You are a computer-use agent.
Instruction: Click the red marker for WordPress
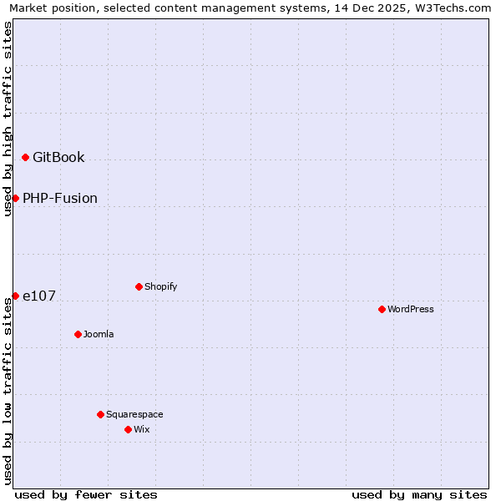382,309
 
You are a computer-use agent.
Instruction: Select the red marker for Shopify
139,286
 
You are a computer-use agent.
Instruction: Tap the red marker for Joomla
78,334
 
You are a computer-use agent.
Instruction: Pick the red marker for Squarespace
100,414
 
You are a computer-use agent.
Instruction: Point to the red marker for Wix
128,429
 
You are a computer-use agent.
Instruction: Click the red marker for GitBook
25,157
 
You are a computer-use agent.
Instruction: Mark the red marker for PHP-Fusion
15,198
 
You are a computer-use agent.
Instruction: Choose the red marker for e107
15,296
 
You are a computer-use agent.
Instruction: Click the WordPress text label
411,309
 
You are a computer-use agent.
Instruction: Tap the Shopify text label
161,286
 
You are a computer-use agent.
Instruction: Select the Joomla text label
99,334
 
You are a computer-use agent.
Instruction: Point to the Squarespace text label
134,414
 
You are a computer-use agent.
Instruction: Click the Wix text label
142,429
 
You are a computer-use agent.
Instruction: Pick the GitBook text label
58,157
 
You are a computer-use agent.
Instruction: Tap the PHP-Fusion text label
60,198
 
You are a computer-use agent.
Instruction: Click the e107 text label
39,296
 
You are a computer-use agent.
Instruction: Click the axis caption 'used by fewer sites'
86,494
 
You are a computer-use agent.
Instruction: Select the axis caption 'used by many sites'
419,494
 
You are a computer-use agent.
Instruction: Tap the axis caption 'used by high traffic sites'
8,119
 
